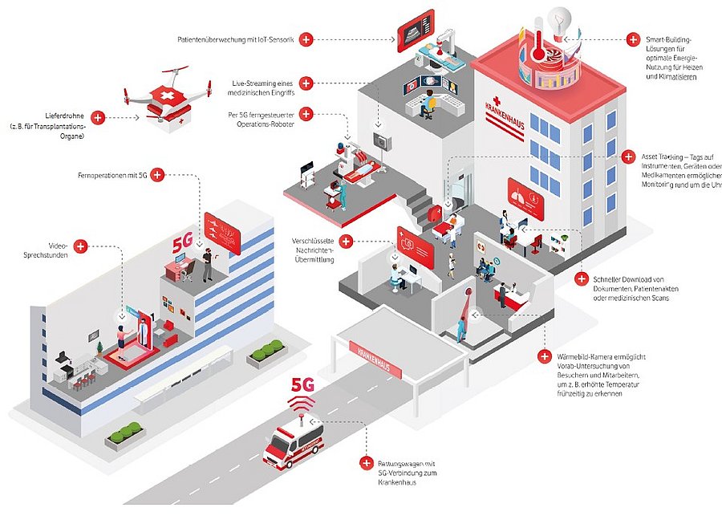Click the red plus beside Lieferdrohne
(x=99, y=117)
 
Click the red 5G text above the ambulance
(x=302, y=384)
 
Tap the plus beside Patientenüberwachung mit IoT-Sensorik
(x=306, y=39)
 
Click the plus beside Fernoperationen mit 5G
(x=157, y=174)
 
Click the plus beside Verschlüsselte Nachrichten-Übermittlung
(x=347, y=241)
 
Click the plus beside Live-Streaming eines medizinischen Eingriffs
(x=306, y=83)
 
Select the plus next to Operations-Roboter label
(x=306, y=114)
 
